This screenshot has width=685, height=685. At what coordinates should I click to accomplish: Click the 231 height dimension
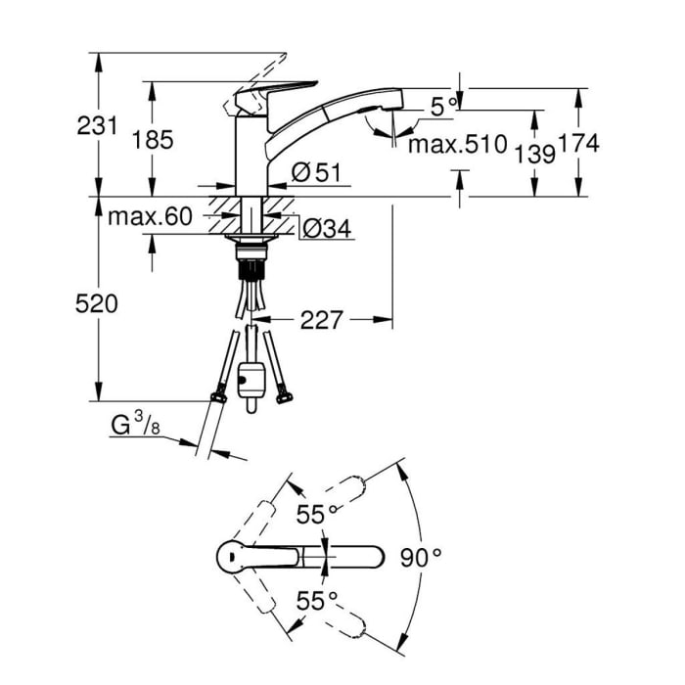pos(99,125)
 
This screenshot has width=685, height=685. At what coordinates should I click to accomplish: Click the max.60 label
pos(149,217)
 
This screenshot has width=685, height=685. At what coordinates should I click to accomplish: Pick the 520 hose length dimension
pos(98,304)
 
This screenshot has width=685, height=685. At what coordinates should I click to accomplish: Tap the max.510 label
pos(457,147)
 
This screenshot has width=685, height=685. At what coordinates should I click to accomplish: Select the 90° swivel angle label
pos(422,558)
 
